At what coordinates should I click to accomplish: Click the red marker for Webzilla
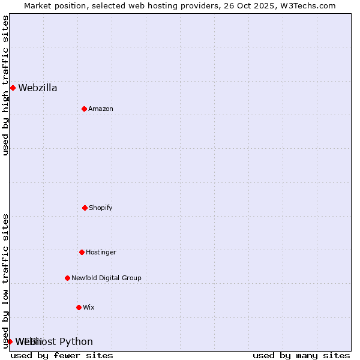pos(13,88)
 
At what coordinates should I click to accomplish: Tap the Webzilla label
pos(38,88)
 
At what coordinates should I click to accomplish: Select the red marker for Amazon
pos(84,109)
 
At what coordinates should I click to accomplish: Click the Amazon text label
pos(101,109)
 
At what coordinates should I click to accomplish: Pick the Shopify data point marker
pos(85,208)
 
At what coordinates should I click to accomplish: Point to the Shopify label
pos(101,208)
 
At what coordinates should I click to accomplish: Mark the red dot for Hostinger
pos(82,252)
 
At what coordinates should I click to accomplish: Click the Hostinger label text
pos(101,252)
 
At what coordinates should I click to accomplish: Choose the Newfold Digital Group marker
pos(67,278)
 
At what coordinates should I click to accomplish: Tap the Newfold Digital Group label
pos(106,278)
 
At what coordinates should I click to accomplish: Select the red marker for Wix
pos(79,307)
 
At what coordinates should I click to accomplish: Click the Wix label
pos(89,307)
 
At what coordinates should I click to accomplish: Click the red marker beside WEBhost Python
pos(10,341)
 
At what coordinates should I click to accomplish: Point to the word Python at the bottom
pos(76,342)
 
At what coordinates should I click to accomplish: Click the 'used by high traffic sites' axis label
pos(5,85)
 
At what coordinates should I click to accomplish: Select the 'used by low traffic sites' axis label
pos(5,281)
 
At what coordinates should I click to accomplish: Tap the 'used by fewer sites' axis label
pos(62,355)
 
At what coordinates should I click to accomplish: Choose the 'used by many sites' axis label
pos(301,355)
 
